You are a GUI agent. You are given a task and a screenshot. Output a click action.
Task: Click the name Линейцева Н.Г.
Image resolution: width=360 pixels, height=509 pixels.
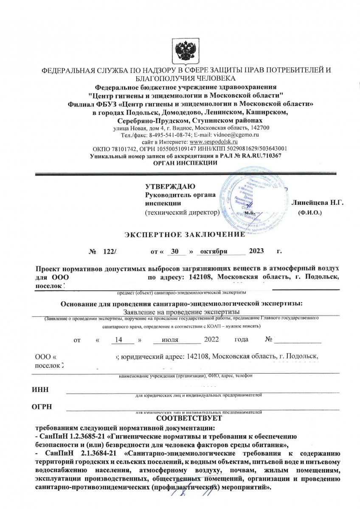(317, 203)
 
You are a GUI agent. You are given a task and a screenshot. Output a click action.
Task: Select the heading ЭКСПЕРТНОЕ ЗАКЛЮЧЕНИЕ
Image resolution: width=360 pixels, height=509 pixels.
(184, 234)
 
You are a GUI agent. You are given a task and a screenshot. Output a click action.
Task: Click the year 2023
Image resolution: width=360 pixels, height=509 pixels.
(257, 252)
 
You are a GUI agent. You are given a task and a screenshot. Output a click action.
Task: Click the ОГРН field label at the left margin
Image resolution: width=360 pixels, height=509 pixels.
(42, 408)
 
